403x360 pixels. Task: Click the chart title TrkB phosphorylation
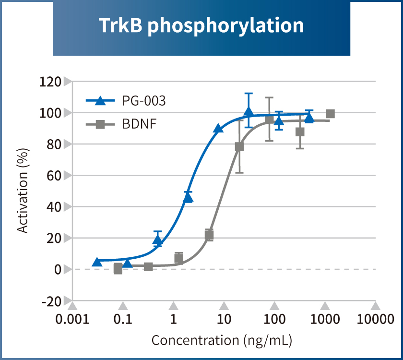[x=201, y=25]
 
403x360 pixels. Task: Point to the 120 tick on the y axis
[x=51, y=82]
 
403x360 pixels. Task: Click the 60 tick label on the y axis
[x=54, y=176]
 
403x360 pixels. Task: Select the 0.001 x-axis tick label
[x=72, y=319]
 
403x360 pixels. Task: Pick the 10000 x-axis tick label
[x=375, y=319]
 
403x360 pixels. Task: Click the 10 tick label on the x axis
[x=224, y=319]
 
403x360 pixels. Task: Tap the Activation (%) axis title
[x=23, y=191]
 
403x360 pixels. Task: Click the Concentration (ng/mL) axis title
[x=222, y=340]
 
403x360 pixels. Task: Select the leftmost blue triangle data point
[x=97, y=262]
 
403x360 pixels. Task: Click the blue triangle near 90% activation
[x=218, y=128]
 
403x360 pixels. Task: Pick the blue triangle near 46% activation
[x=188, y=197]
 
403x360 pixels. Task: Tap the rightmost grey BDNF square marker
[x=330, y=114]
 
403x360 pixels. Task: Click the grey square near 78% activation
[x=239, y=147]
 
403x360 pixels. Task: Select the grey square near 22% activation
[x=209, y=235]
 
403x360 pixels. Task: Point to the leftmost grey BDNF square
[x=118, y=269]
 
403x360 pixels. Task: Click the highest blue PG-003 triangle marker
[x=248, y=112]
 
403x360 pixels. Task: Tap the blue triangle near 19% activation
[x=157, y=240]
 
